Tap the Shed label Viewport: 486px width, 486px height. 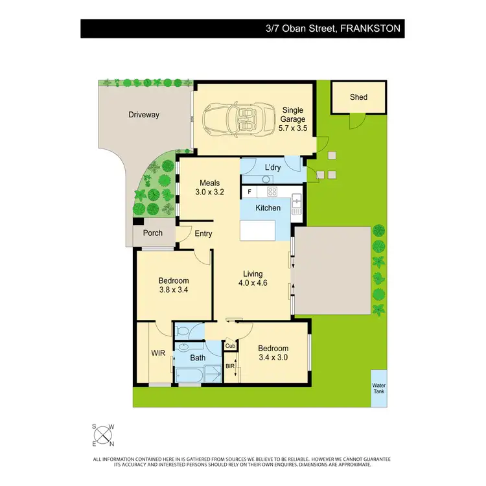point(358,97)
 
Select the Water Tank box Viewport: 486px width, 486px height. point(378,388)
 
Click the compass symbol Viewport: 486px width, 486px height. point(102,435)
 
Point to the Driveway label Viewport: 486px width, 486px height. point(143,115)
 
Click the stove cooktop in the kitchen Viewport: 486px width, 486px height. point(272,191)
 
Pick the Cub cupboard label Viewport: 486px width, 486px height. point(230,346)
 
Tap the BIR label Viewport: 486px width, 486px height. point(230,366)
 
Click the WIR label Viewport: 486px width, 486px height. point(158,354)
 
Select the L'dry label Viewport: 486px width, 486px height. point(272,168)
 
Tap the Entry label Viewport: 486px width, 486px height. point(203,234)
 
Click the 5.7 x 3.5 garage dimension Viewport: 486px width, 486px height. point(292,128)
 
